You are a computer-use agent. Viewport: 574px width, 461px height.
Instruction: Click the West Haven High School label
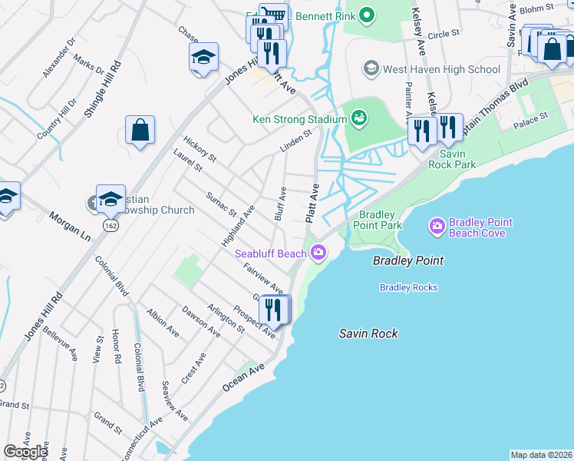(x=441, y=69)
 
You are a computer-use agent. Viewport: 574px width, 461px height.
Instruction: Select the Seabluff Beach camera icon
(x=318, y=252)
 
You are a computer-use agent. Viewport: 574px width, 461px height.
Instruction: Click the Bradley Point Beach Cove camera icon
(x=437, y=226)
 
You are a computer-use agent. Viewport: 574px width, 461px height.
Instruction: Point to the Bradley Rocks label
(x=408, y=287)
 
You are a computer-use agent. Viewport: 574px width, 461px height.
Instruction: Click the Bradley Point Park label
(x=377, y=220)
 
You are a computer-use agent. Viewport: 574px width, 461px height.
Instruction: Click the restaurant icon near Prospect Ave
(x=274, y=310)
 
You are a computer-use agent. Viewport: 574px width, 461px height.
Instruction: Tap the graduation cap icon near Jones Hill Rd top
(x=203, y=58)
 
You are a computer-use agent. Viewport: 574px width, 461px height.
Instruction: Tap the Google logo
(x=25, y=452)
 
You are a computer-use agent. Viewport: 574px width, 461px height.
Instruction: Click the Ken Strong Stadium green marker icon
(x=358, y=118)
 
